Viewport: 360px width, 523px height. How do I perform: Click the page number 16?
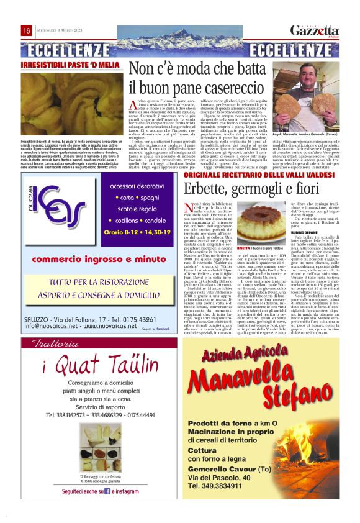27,31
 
